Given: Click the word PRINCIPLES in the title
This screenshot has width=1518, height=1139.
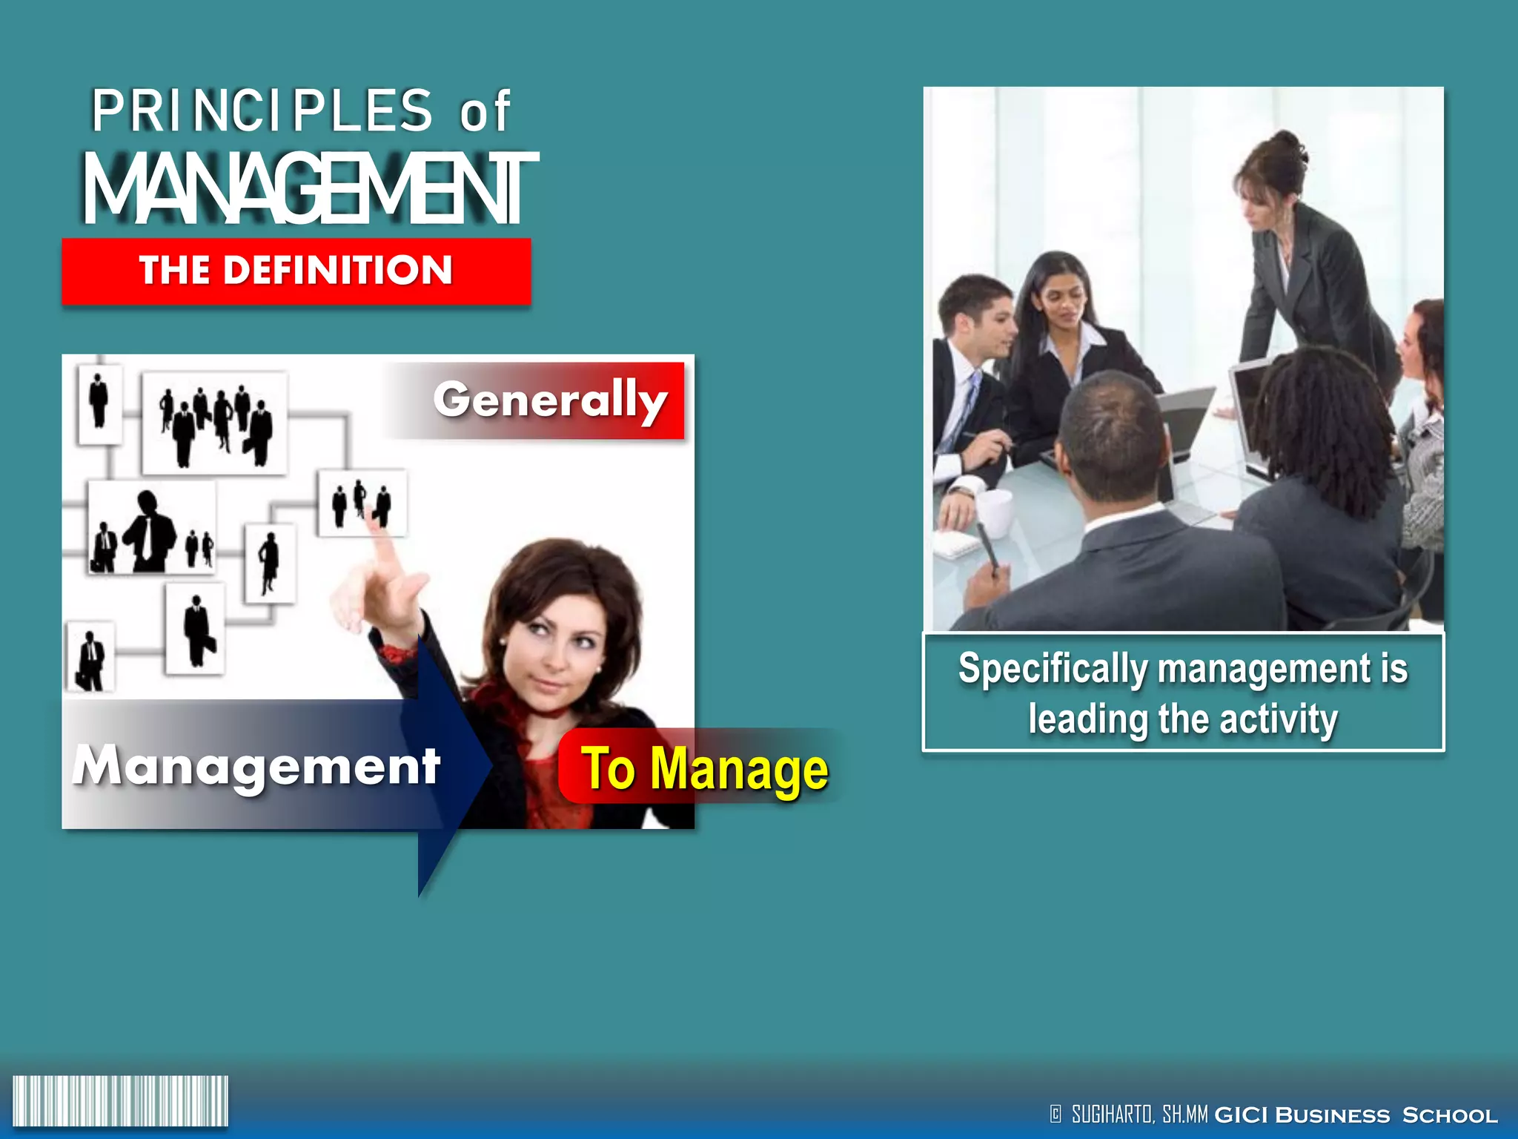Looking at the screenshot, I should pyautogui.click(x=261, y=111).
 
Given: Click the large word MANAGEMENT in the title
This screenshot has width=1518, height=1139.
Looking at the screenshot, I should pyautogui.click(x=310, y=189).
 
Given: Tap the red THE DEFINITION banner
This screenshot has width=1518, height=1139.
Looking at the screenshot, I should pyautogui.click(x=296, y=271).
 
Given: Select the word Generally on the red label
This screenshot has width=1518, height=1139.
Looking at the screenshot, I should pyautogui.click(x=550, y=400).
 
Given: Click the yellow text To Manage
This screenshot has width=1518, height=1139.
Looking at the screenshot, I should pyautogui.click(x=704, y=770).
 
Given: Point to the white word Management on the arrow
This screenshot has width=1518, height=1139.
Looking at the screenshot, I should pyautogui.click(x=256, y=765).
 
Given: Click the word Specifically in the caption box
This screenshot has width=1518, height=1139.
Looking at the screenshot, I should pyautogui.click(x=1053, y=669).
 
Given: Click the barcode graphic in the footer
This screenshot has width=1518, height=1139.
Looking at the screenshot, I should pyautogui.click(x=120, y=1101).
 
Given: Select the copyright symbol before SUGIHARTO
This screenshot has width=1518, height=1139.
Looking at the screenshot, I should pyautogui.click(x=1055, y=1114).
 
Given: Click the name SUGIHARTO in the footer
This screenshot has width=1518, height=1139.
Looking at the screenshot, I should pyautogui.click(x=1112, y=1114).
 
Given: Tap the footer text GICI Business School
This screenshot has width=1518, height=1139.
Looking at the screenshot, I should pyautogui.click(x=1356, y=1115).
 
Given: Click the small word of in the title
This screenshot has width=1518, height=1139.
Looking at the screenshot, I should pyautogui.click(x=485, y=113).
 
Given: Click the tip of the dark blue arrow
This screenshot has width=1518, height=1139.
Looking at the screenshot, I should pyautogui.click(x=490, y=764).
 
